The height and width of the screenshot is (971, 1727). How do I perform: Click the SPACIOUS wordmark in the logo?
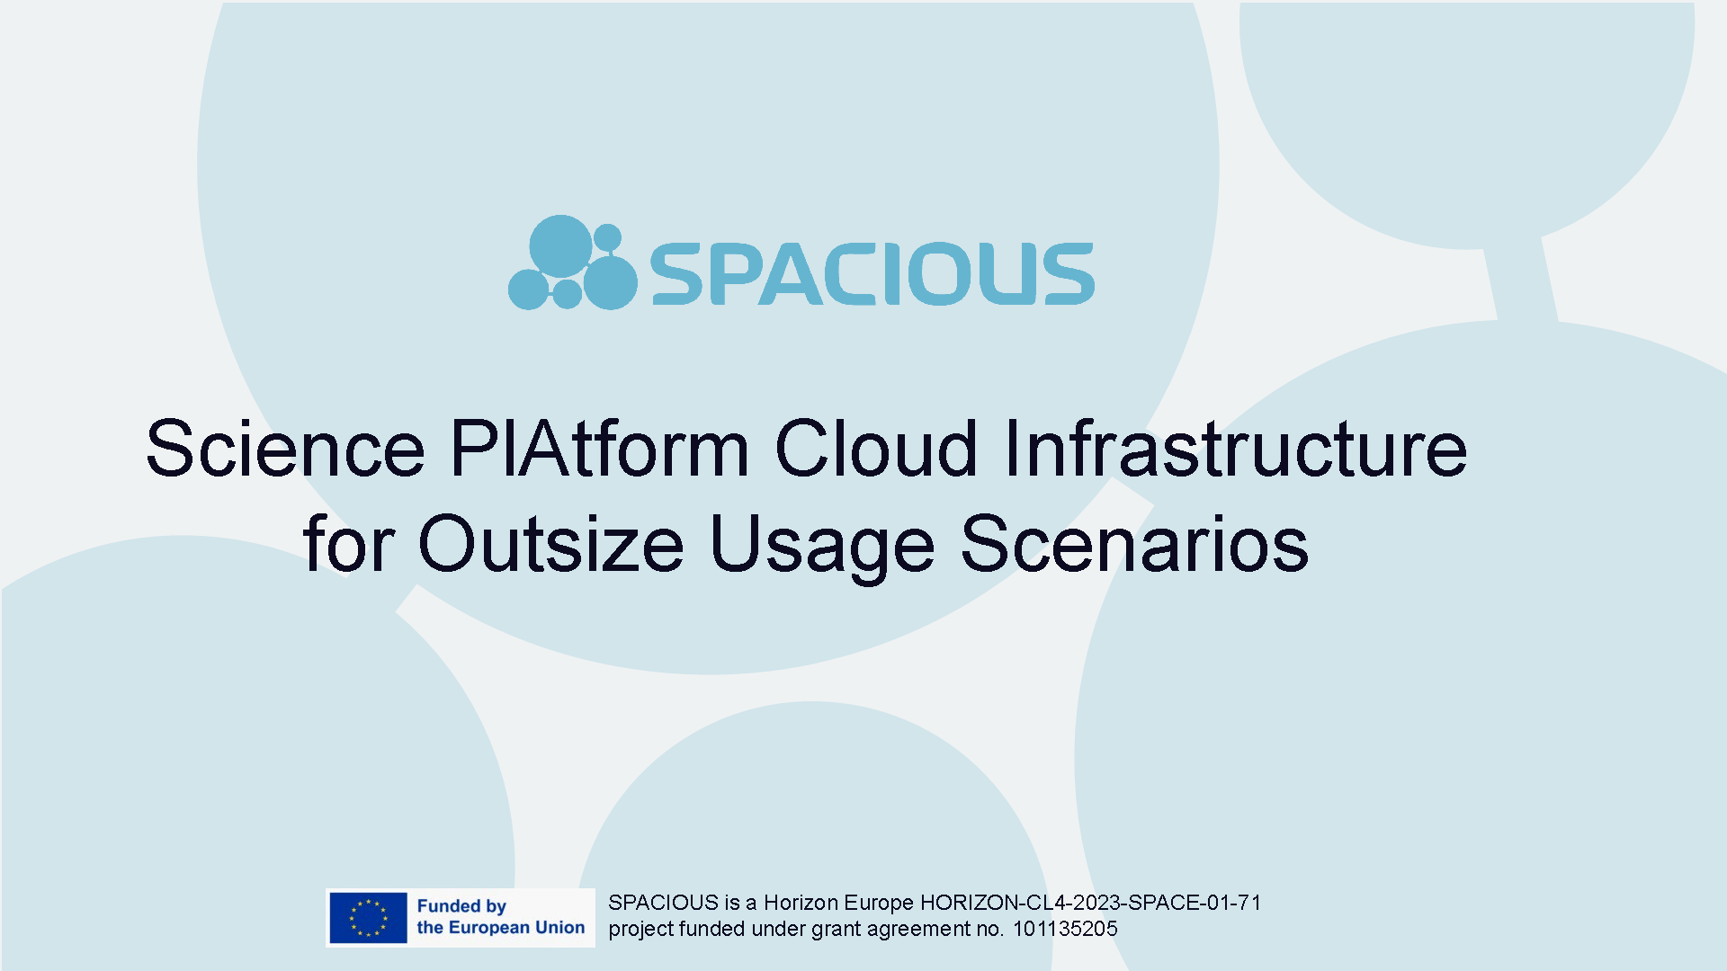pyautogui.click(x=872, y=273)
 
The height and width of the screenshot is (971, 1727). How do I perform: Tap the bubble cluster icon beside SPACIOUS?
pyautogui.click(x=573, y=263)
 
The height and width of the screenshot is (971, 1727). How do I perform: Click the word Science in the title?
pyautogui.click(x=285, y=448)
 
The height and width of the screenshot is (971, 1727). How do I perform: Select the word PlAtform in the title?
pyautogui.click(x=599, y=448)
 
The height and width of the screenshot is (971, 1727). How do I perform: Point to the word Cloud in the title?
pyautogui.click(x=876, y=448)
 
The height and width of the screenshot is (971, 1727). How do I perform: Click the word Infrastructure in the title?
pyautogui.click(x=1236, y=448)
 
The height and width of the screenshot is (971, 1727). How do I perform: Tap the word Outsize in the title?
pyautogui.click(x=551, y=543)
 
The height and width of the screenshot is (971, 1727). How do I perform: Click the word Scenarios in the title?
pyautogui.click(x=1134, y=543)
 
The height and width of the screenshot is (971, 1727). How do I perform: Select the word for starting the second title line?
pyautogui.click(x=349, y=543)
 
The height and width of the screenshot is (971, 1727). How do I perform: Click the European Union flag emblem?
pyautogui.click(x=368, y=918)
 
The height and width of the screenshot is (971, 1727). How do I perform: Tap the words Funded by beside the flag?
pyautogui.click(x=461, y=906)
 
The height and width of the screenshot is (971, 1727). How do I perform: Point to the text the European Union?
pyautogui.click(x=501, y=928)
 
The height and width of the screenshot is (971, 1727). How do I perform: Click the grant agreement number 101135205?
pyautogui.click(x=1065, y=929)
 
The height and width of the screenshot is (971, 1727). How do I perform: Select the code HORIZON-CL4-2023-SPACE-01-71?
pyautogui.click(x=1090, y=903)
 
